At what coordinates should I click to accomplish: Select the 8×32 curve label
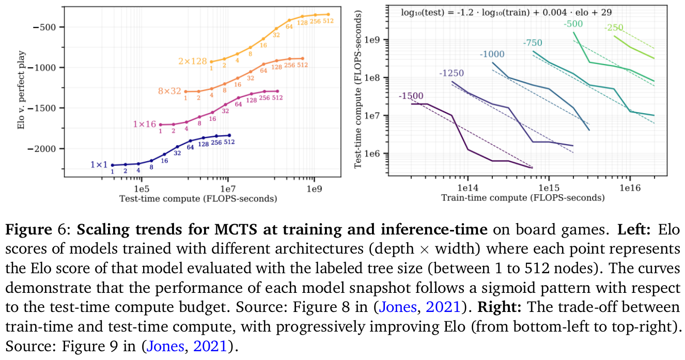pyautogui.click(x=170, y=91)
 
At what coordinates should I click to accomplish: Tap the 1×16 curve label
pyautogui.click(x=145, y=124)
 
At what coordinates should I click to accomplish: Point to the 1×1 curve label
pyautogui.click(x=98, y=165)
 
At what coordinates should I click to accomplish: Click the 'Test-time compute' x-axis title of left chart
pyautogui.click(x=198, y=198)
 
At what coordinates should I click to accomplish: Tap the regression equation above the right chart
pyautogui.click(x=506, y=12)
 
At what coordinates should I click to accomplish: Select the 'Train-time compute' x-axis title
pyautogui.click(x=522, y=198)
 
